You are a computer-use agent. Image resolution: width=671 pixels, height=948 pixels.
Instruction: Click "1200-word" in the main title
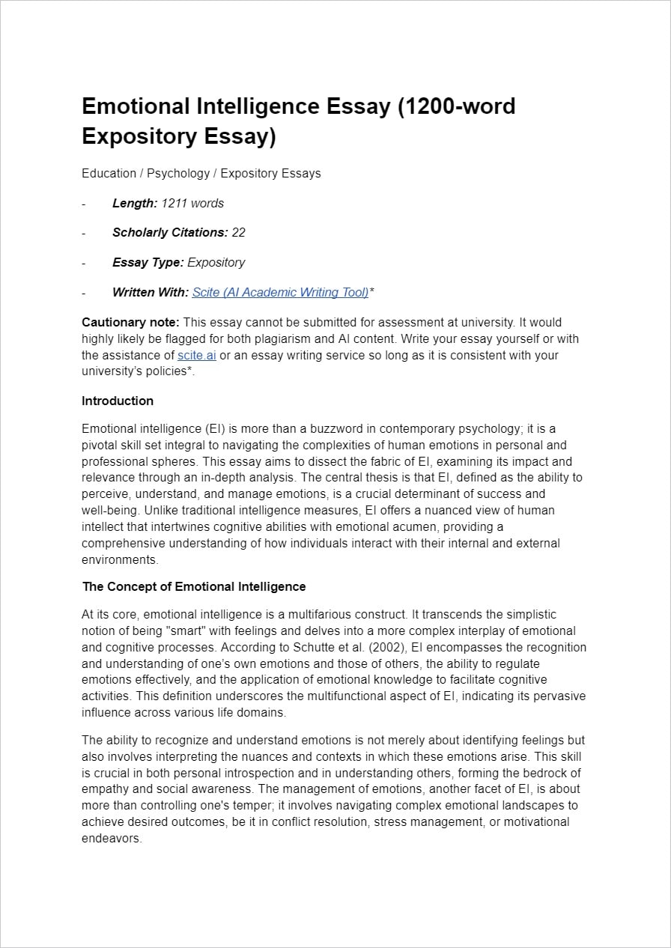[457, 106]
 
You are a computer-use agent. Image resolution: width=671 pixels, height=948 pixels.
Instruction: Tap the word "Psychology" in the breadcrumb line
[178, 173]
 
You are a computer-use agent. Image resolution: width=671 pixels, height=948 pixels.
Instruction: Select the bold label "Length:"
[135, 203]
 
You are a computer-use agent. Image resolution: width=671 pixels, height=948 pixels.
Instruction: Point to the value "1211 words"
[192, 203]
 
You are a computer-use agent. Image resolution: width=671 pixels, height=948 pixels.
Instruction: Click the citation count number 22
[238, 232]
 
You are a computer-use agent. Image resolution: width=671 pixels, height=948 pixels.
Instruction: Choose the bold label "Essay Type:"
[148, 262]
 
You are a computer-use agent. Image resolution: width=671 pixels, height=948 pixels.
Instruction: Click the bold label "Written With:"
[151, 292]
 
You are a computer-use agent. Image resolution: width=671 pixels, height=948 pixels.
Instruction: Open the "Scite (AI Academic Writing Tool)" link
[280, 292]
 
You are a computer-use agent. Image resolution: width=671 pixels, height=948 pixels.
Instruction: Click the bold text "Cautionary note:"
[130, 322]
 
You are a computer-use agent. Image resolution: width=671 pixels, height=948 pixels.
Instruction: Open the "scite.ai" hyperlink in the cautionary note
[196, 355]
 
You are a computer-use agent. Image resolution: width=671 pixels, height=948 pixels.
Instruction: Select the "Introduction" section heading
[118, 401]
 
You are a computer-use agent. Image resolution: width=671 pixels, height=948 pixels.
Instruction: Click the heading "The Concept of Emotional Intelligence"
[194, 586]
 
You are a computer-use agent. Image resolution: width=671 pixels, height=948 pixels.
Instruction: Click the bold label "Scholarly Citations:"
[170, 232]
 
